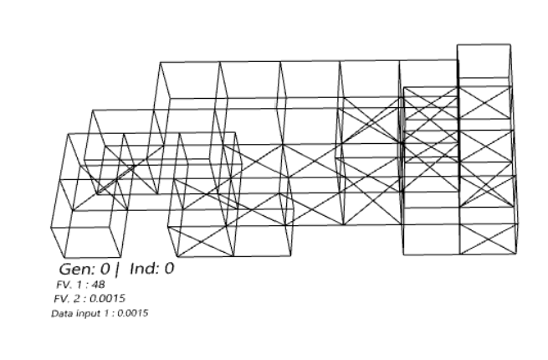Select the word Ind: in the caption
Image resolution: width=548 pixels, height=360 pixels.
click(142, 270)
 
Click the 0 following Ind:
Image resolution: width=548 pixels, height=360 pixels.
click(168, 270)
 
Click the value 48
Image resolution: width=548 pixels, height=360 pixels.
click(100, 285)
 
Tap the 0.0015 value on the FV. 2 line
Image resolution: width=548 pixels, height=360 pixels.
click(108, 298)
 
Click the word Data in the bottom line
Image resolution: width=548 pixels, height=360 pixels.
click(62, 313)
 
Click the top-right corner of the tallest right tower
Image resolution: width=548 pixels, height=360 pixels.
click(510, 44)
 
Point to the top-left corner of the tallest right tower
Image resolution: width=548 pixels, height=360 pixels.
click(458, 44)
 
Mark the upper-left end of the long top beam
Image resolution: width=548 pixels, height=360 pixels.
click(159, 61)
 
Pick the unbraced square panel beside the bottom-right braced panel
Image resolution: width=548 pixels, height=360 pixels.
click(431, 238)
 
